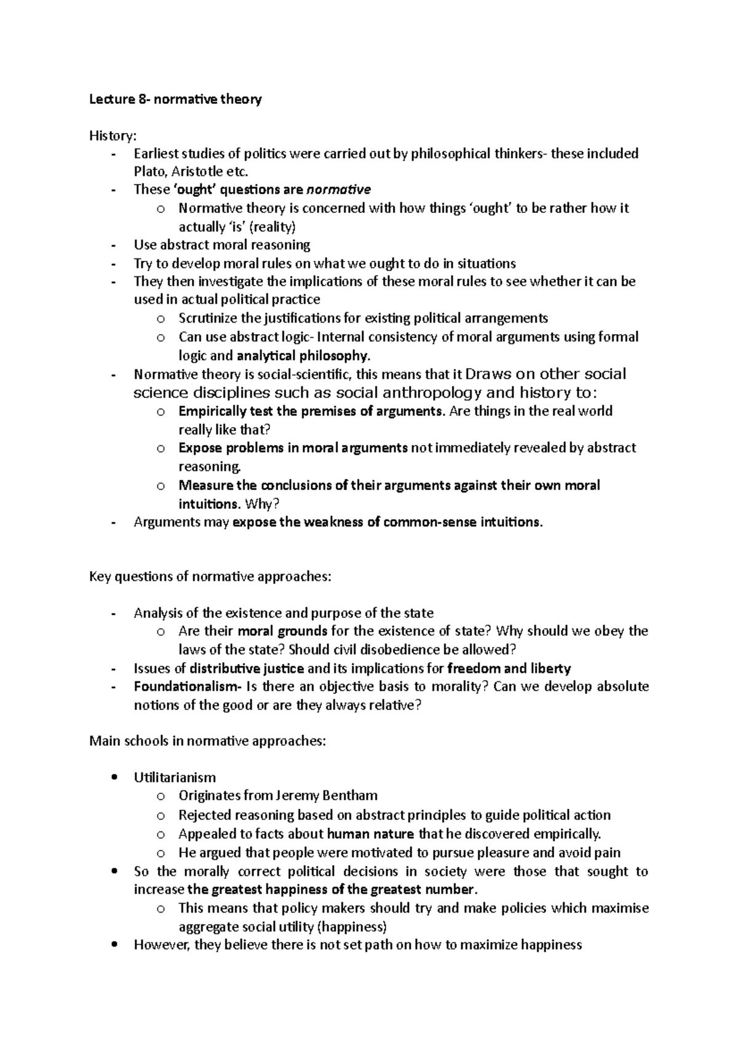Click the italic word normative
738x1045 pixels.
click(x=338, y=189)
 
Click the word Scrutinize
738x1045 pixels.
click(x=207, y=318)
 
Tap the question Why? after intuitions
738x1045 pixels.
click(x=262, y=504)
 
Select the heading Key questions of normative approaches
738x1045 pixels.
click(x=210, y=577)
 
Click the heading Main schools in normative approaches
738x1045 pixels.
click(x=207, y=741)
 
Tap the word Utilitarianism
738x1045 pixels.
click(x=175, y=777)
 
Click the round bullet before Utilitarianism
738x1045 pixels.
click(x=112, y=777)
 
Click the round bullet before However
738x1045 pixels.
click(x=112, y=945)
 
